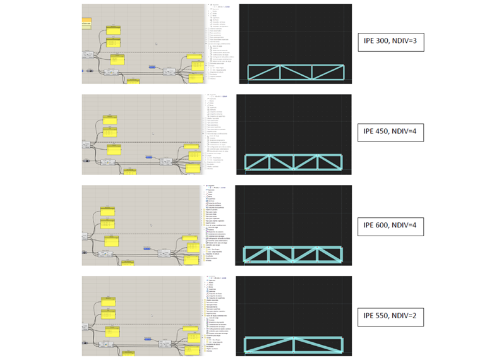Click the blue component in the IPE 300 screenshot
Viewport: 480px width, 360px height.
click(x=152, y=66)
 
